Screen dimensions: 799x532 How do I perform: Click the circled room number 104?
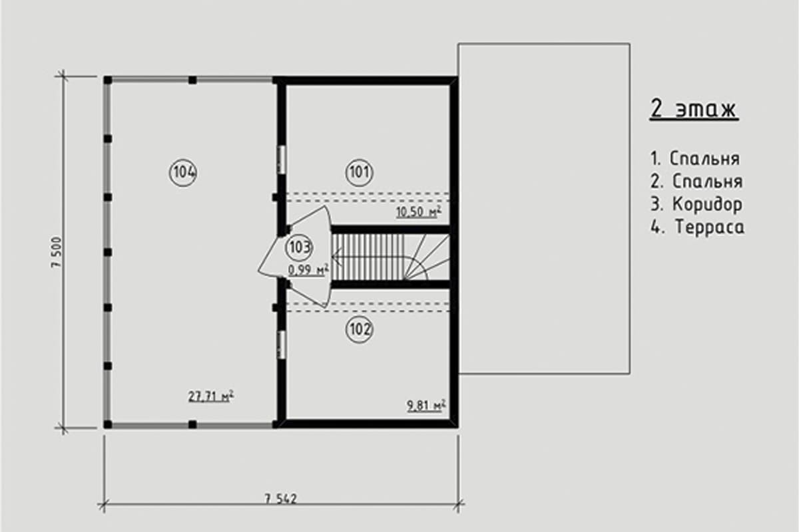[x=183, y=173]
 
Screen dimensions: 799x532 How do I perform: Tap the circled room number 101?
[x=359, y=173]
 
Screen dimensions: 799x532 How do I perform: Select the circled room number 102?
[x=359, y=330]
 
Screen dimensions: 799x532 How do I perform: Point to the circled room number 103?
[x=300, y=247]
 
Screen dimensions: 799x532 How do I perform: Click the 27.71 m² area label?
[x=211, y=396]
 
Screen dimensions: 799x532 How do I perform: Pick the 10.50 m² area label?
[x=419, y=211]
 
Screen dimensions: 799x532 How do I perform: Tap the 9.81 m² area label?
[x=426, y=405]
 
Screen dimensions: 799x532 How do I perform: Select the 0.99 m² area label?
[x=308, y=270]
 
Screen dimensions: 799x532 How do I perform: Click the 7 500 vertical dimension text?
[x=57, y=252]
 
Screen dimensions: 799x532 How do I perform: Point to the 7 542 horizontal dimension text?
[x=281, y=499]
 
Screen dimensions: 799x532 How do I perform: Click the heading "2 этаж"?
[x=693, y=108]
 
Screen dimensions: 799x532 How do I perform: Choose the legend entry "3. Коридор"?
[x=696, y=205]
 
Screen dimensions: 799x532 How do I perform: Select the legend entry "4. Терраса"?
[x=697, y=227]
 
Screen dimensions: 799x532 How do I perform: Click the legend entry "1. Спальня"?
[x=695, y=158]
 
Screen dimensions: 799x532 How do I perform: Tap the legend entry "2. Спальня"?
[x=696, y=182]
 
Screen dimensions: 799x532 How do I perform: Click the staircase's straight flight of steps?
[x=368, y=257]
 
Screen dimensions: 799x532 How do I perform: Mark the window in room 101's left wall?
[x=282, y=160]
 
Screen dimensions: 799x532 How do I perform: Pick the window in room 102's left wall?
[x=282, y=344]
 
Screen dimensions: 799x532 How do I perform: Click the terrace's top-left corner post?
[x=108, y=80]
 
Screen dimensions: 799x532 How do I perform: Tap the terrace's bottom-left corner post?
[x=108, y=424]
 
